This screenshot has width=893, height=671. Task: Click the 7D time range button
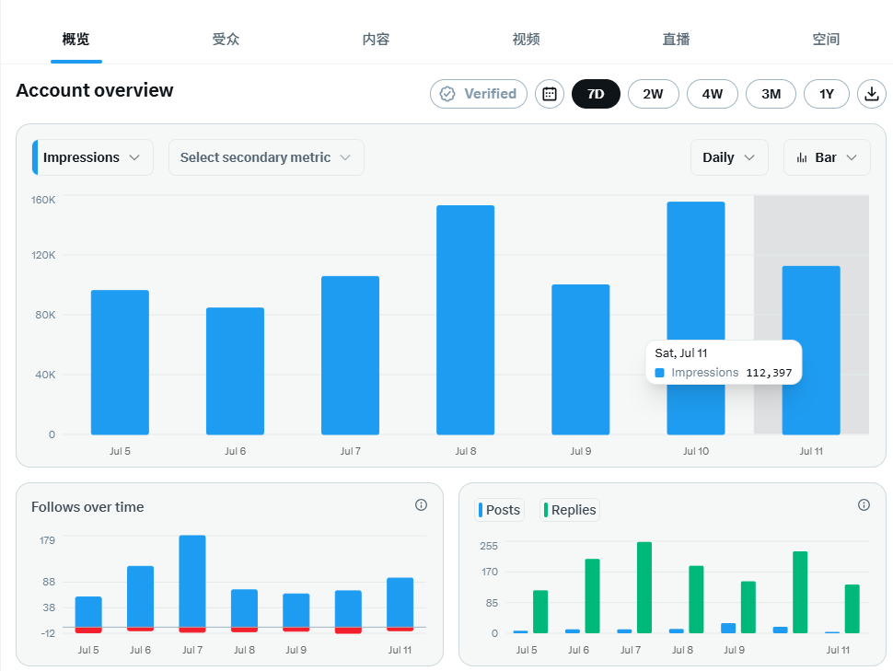coord(596,94)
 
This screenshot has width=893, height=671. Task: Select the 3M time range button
coord(771,94)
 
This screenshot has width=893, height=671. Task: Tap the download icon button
coord(871,94)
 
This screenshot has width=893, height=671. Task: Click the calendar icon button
coord(550,94)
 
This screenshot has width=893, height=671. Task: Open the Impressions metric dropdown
coord(93,157)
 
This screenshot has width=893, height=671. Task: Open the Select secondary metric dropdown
coord(266,157)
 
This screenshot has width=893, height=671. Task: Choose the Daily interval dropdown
coord(729,157)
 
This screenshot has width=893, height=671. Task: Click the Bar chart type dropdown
coord(827,157)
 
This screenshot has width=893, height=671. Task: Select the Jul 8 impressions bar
coord(465,320)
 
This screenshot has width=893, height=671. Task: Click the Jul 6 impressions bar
coord(235,371)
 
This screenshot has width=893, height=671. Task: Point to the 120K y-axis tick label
coord(43,255)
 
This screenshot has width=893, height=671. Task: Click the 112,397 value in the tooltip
coord(769,373)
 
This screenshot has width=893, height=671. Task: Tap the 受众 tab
coord(226,40)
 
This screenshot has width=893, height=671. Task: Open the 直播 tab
coord(676,40)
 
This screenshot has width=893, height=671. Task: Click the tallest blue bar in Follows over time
coord(192,581)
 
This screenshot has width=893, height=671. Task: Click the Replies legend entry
coord(570,510)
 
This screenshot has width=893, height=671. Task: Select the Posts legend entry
coord(500,510)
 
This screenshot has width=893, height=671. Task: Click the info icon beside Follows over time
coord(421,504)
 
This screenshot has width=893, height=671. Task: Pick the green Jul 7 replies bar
coord(644,587)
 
